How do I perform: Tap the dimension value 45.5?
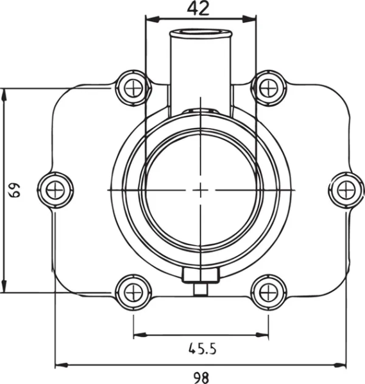(x=202, y=349)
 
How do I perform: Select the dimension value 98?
(x=200, y=378)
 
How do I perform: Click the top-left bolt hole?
(x=133, y=88)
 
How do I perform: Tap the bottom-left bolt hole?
(x=133, y=292)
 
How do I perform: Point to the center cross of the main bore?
(x=201, y=189)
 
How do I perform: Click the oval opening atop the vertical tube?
(x=200, y=33)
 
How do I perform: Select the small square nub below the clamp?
(x=201, y=289)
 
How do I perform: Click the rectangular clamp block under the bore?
(x=201, y=275)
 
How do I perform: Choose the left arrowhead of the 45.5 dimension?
(x=137, y=334)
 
